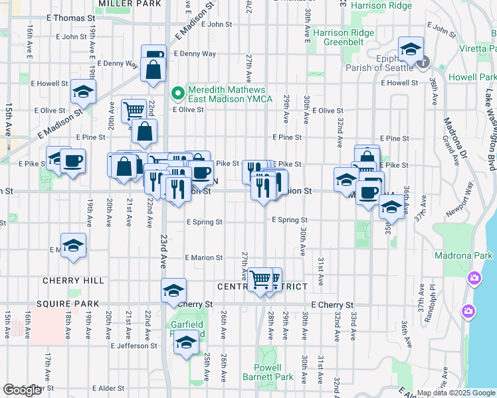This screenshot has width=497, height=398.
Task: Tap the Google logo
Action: click(22, 390)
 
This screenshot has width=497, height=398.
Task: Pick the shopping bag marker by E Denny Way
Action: click(153, 70)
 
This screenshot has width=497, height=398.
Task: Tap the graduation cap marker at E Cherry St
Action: click(174, 290)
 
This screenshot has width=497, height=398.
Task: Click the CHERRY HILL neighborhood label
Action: click(73, 281)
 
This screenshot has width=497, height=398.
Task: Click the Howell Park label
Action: click(472, 77)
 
